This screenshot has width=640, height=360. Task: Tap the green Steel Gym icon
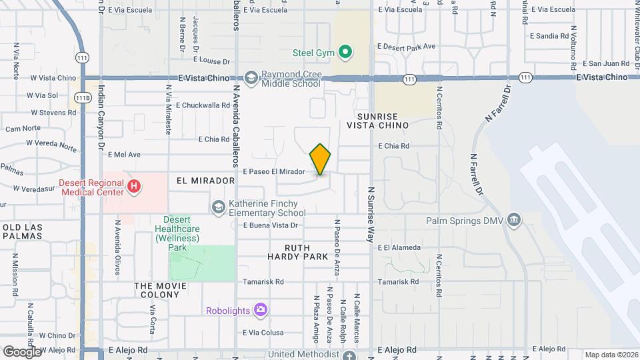click(345, 51)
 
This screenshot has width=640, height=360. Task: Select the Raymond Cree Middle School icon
click(251, 78)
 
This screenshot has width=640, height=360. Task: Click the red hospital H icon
click(134, 187)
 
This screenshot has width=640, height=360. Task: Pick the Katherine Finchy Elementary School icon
click(218, 207)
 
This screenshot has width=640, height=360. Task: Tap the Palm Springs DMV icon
click(513, 219)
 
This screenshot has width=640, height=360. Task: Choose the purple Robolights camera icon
click(261, 309)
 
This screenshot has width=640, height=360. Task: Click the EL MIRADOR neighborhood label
click(205, 181)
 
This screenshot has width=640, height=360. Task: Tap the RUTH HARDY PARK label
click(298, 252)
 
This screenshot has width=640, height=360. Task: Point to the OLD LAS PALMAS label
click(24, 233)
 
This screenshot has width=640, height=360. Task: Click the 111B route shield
click(82, 97)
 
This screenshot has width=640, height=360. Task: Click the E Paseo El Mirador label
click(274, 171)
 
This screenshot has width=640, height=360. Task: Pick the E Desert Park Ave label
click(406, 47)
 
